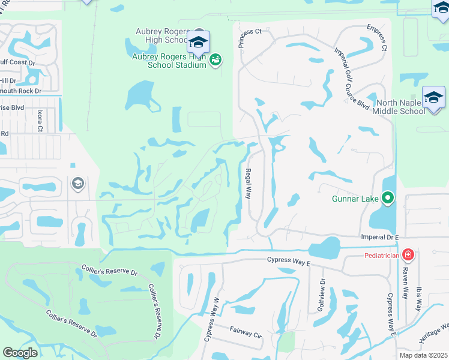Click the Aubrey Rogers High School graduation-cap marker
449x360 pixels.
198,42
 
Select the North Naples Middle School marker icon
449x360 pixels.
433,98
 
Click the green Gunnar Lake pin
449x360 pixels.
388,197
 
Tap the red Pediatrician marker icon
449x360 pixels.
408,254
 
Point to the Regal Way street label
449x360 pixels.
248,184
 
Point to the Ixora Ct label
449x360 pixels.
40,120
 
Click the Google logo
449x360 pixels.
20,353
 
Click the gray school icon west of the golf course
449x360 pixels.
77,184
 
